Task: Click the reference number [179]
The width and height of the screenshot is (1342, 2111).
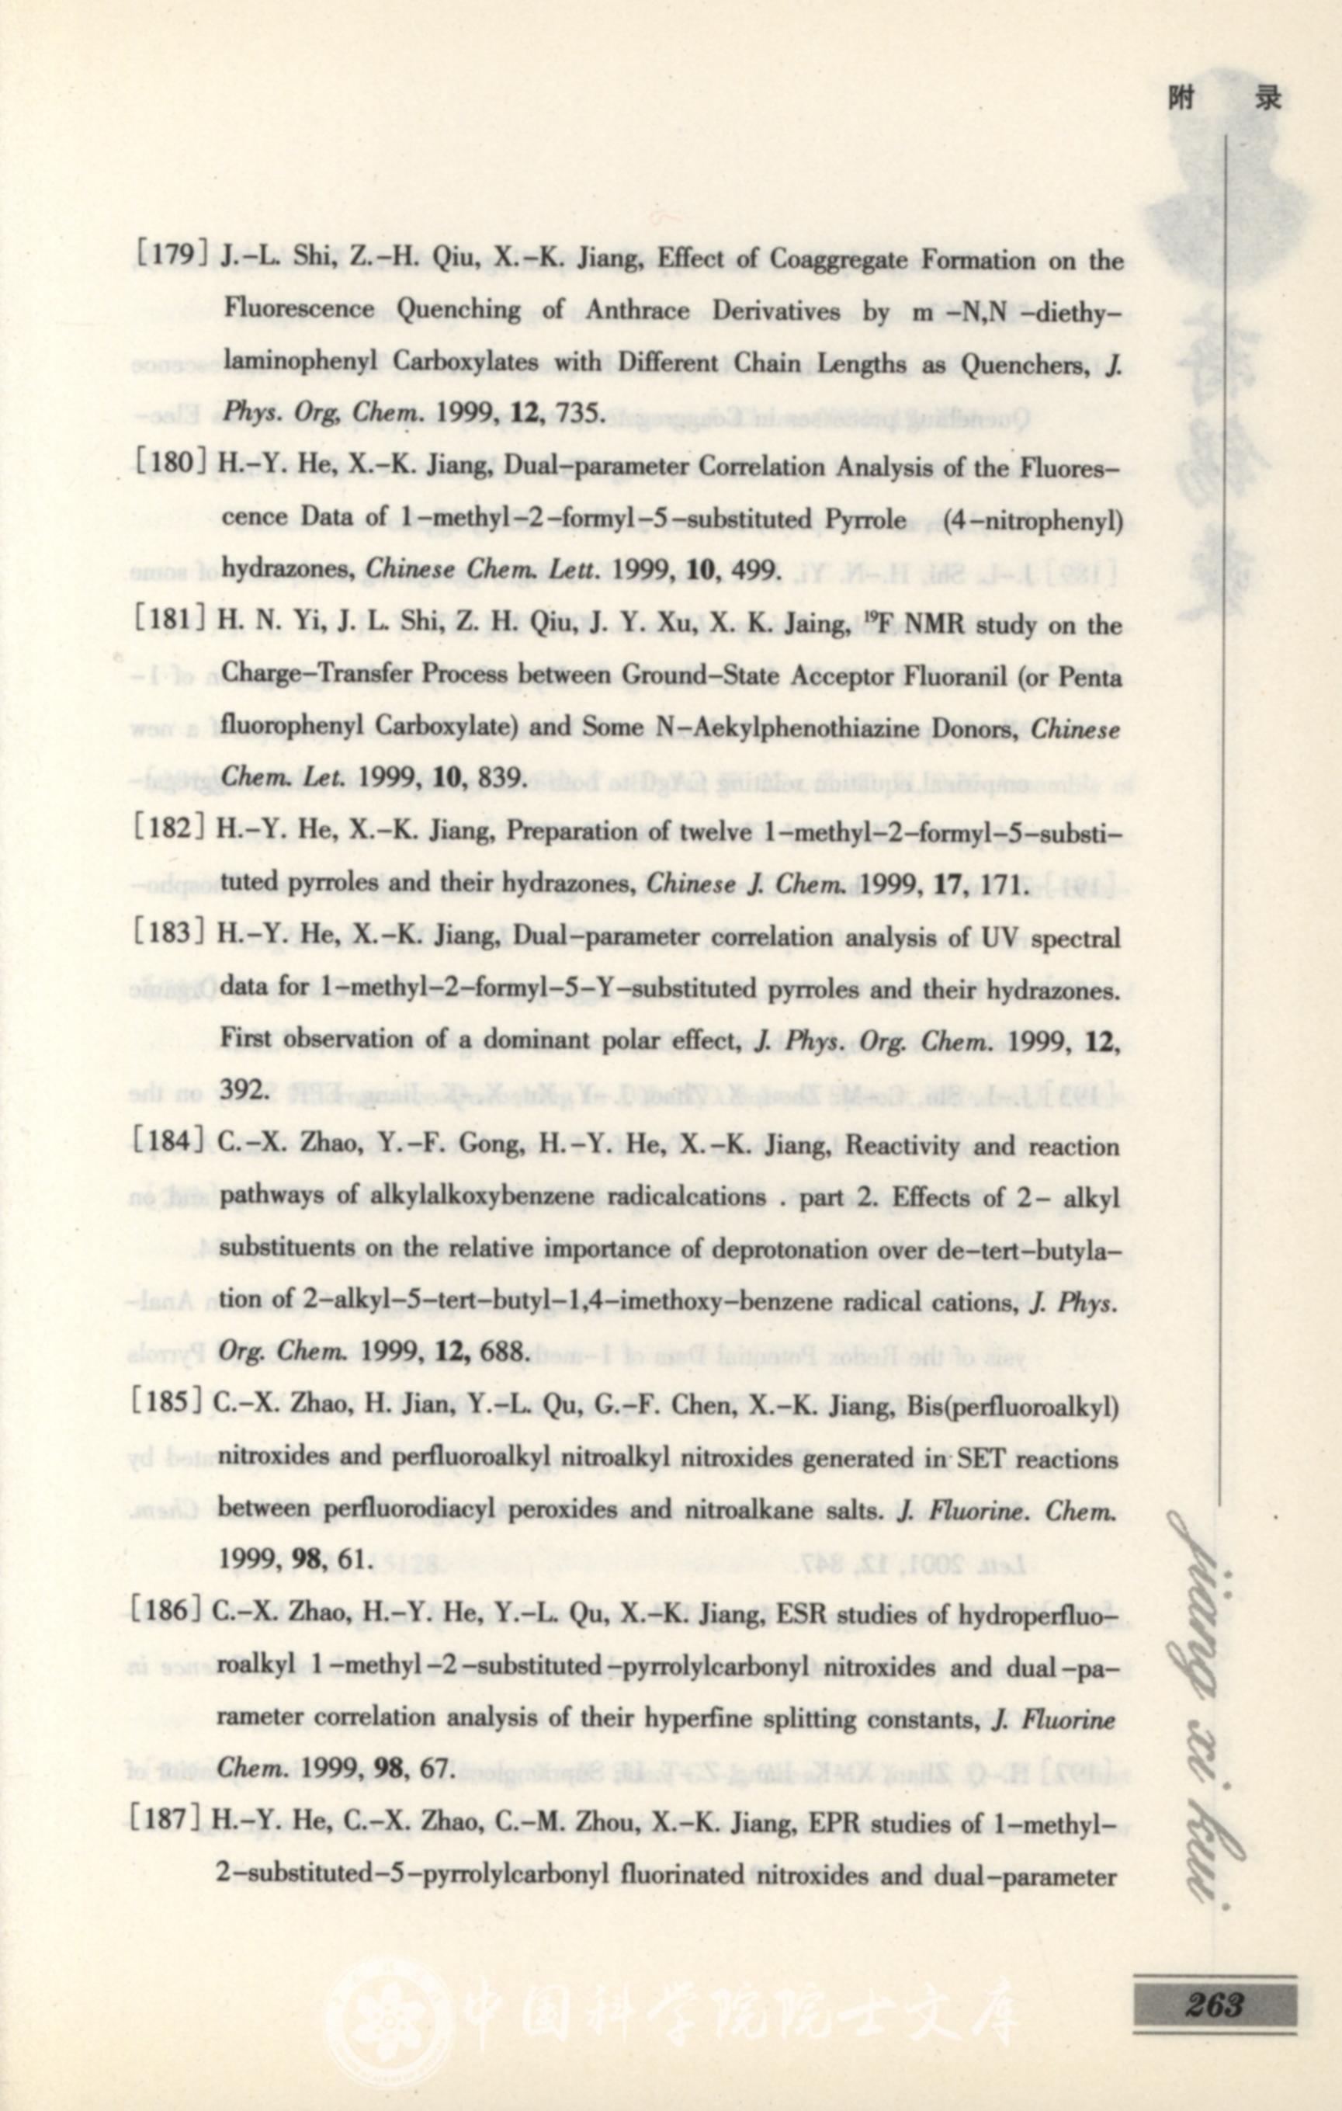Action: (172, 256)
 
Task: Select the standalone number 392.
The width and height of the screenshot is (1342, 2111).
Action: (242, 1090)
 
